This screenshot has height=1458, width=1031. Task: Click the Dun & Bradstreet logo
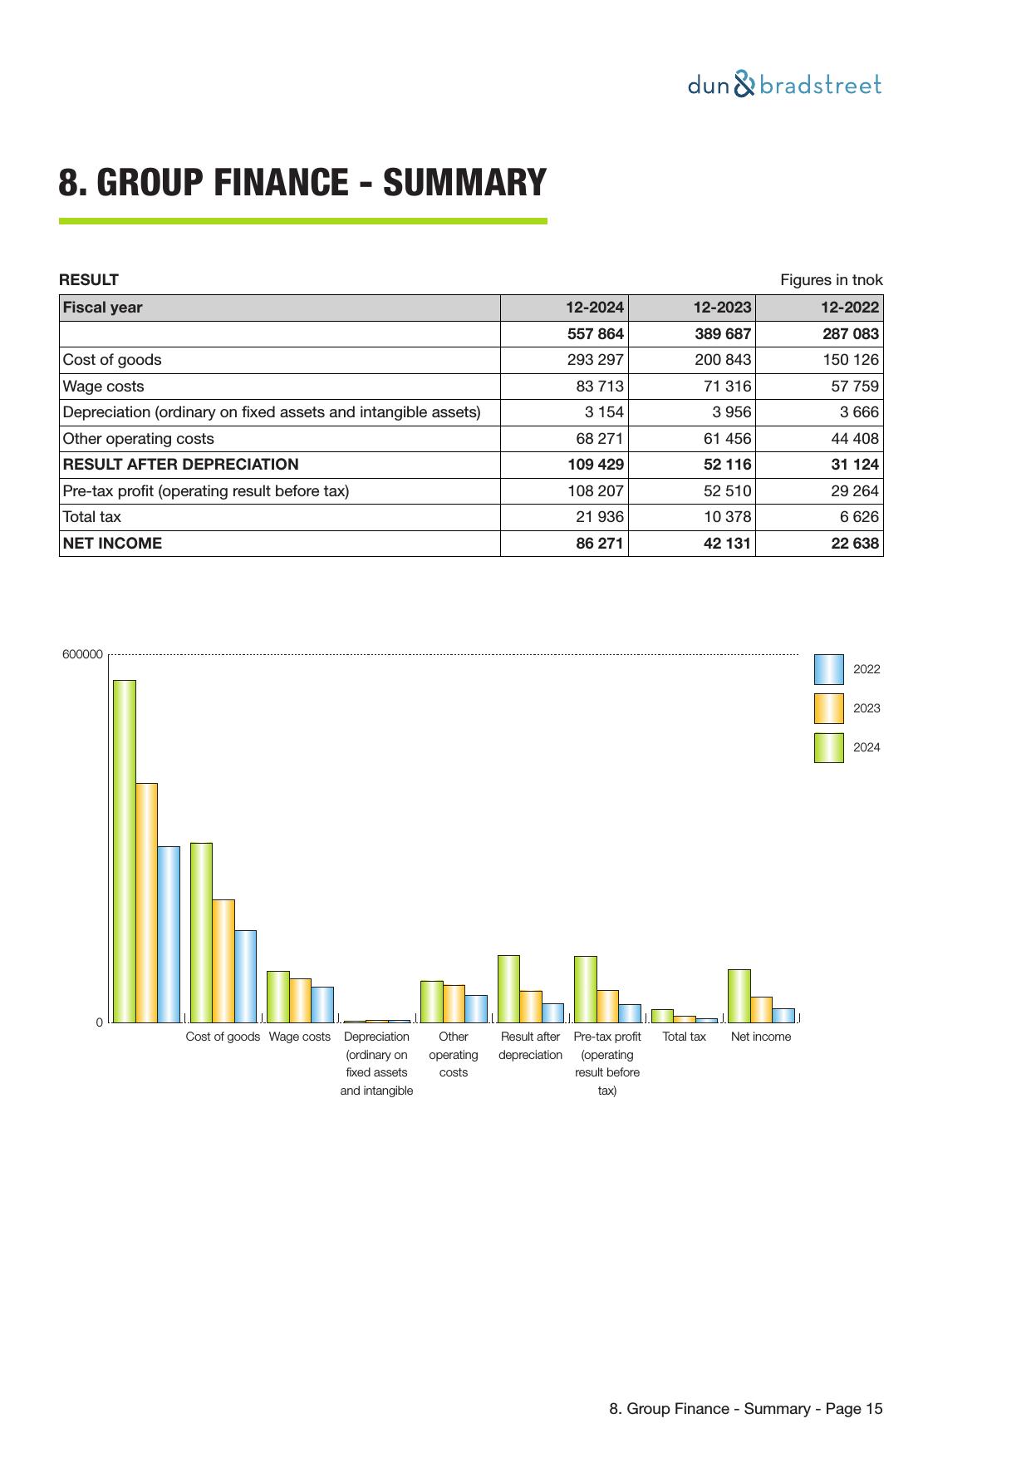pyautogui.click(x=784, y=85)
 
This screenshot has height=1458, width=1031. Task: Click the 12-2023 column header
pyautogui.click(x=722, y=308)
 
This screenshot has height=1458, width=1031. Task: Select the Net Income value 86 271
pyautogui.click(x=599, y=544)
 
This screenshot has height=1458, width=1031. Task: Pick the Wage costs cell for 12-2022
pyautogui.click(x=855, y=387)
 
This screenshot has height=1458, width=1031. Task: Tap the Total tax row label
pyautogui.click(x=92, y=517)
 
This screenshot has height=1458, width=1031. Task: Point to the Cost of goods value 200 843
pyautogui.click(x=722, y=360)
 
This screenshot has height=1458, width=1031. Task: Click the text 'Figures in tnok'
pyautogui.click(x=831, y=280)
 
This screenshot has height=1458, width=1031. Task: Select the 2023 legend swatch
pyautogui.click(x=828, y=708)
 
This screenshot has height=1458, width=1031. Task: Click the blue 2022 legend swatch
pyautogui.click(x=828, y=669)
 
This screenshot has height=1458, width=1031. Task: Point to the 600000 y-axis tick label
pyautogui.click(x=82, y=655)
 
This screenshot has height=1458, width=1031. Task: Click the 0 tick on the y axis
pyautogui.click(x=100, y=1022)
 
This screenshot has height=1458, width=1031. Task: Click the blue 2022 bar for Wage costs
pyautogui.click(x=322, y=1004)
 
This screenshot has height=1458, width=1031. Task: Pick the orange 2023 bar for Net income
pyautogui.click(x=761, y=1009)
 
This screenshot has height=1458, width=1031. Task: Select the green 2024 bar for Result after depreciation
pyautogui.click(x=508, y=988)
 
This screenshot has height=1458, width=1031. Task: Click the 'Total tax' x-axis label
pyautogui.click(x=684, y=1037)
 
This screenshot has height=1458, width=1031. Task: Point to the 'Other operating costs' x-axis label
pyautogui.click(x=454, y=1054)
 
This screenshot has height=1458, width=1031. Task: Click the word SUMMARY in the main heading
pyautogui.click(x=464, y=183)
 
